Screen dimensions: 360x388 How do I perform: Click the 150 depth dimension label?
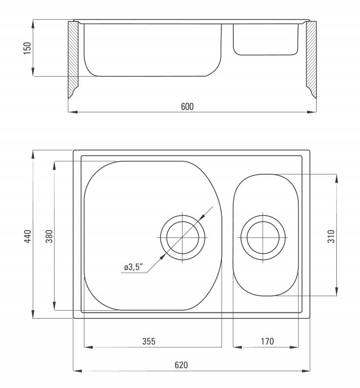pos(28,48)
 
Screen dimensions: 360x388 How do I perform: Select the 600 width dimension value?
pos(187,107)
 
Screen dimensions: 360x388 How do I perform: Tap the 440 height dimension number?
pos(28,236)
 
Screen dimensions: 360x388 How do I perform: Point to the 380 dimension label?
pos(49,236)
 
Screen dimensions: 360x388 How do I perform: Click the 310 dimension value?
pos(331,236)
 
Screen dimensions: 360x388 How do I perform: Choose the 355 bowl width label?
pos(149,341)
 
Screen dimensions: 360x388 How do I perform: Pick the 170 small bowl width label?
pos(267,341)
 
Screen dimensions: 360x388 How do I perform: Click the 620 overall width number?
pos(181,365)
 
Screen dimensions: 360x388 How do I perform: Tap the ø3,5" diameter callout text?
pos(134,267)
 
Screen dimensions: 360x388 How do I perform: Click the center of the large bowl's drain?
pos(183,237)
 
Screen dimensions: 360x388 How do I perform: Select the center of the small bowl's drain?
pos(263,237)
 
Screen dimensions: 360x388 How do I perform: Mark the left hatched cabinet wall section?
pos(73,60)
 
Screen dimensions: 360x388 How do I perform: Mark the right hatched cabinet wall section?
pos(312,59)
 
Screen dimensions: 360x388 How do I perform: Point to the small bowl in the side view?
pos(266,39)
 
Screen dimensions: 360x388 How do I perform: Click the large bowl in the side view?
pos(153,50)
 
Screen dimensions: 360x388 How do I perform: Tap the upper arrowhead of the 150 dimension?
pos(33,24)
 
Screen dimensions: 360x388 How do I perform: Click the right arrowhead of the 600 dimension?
pos(312,112)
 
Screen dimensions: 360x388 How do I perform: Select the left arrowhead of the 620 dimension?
pos(77,371)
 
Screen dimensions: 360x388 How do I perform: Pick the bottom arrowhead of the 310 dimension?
pos(336,291)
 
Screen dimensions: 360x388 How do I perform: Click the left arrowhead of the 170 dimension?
pos(237,347)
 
